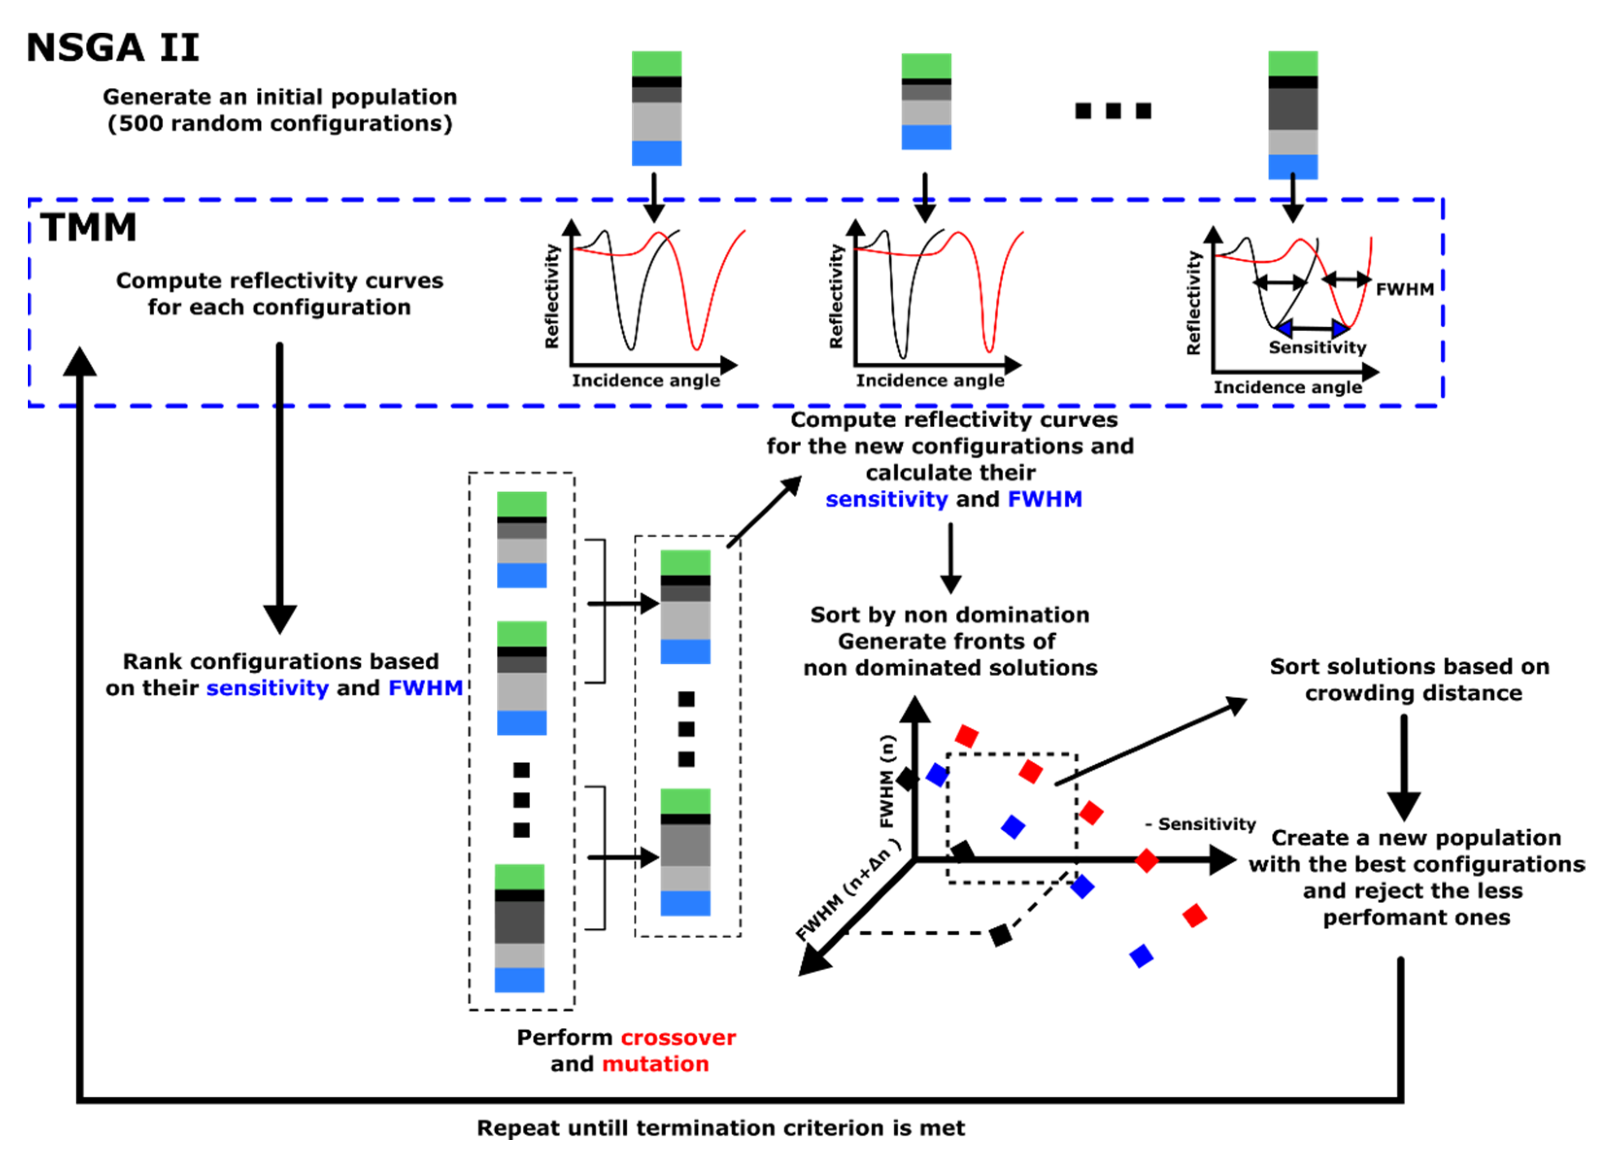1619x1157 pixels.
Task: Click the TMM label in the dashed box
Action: pos(88,228)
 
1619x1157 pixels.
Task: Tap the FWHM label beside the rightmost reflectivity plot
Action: pos(1404,289)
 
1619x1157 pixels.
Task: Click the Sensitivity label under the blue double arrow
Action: pos(1317,348)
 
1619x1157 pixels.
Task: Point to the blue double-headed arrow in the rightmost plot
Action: pos(1311,328)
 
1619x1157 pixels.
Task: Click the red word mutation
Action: pos(655,1064)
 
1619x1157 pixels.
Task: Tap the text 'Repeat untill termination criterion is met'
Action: pos(721,1128)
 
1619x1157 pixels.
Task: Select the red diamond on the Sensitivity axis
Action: pos(1146,860)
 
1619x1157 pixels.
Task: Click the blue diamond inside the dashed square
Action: pos(1012,826)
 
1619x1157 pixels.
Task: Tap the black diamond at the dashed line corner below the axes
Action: pos(1000,935)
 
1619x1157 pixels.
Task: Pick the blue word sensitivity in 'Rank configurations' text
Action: pos(267,688)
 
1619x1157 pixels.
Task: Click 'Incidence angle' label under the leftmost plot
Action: pos(645,381)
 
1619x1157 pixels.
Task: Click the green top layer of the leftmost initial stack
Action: pos(657,64)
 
